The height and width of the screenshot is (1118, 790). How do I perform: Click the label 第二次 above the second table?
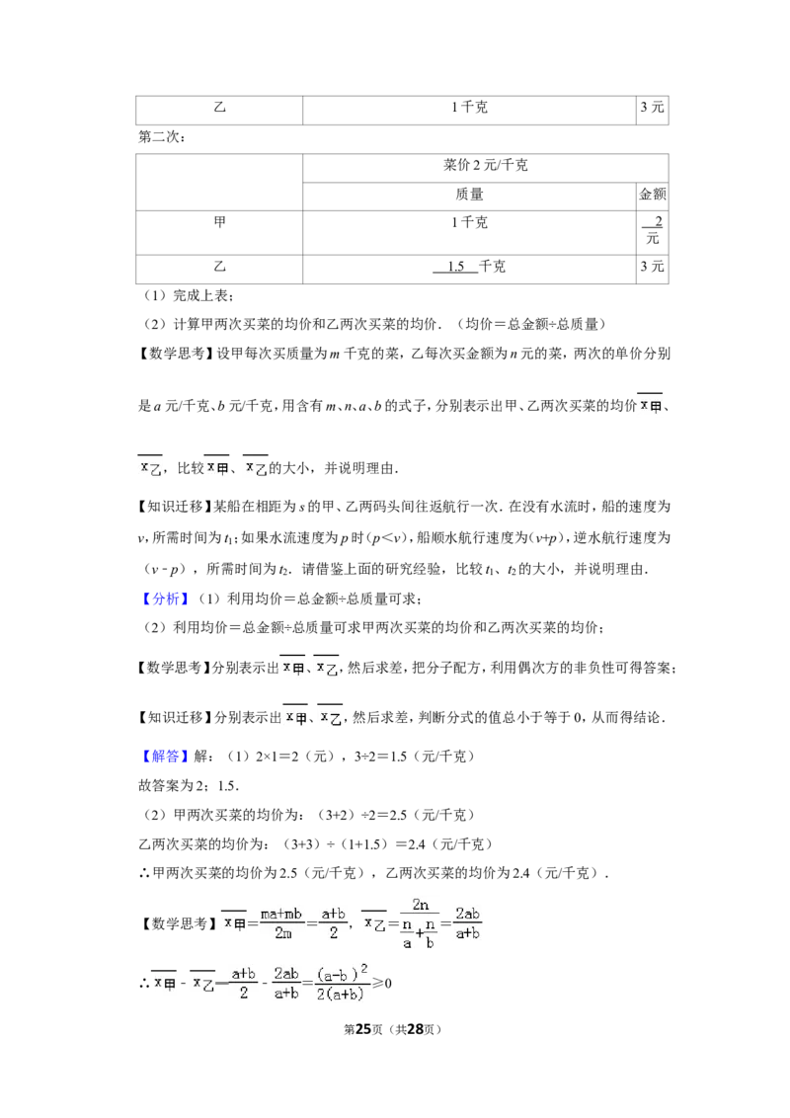click(162, 136)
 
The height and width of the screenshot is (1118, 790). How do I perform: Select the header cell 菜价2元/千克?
click(485, 165)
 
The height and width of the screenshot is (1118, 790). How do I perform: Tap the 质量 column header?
click(469, 194)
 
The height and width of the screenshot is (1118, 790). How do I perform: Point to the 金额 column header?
click(653, 194)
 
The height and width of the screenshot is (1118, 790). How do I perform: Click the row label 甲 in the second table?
click(219, 222)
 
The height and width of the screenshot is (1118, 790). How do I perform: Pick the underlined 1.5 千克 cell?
click(469, 267)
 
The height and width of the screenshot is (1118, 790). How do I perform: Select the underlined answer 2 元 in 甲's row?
click(653, 229)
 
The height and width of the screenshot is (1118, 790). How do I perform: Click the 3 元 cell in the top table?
click(653, 107)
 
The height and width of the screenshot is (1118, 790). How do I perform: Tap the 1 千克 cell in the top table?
click(469, 107)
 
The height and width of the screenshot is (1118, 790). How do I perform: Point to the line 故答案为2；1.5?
click(189, 786)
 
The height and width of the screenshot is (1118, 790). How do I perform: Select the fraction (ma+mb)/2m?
click(281, 923)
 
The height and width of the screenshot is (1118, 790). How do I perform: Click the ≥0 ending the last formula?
click(383, 984)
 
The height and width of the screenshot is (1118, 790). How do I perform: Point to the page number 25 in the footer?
click(363, 1029)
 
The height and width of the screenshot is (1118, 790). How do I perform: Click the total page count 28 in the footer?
click(415, 1029)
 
